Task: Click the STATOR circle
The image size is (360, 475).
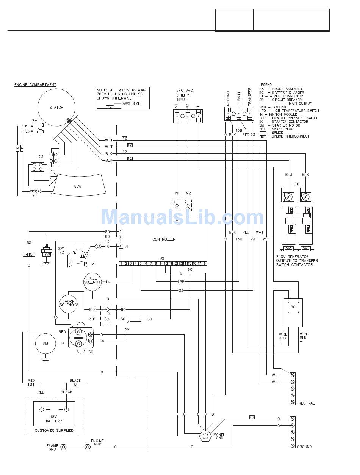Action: click(x=56, y=107)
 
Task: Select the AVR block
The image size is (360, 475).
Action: click(x=77, y=186)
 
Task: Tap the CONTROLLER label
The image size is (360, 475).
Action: click(x=164, y=239)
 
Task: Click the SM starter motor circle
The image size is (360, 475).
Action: click(x=45, y=344)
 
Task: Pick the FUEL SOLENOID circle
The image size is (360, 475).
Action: click(x=92, y=280)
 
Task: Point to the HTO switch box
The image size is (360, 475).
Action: click(x=29, y=255)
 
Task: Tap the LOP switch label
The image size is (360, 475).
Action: click(x=47, y=255)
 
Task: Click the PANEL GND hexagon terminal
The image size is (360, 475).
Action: click(x=205, y=436)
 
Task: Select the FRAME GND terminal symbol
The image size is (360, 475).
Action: click(x=63, y=447)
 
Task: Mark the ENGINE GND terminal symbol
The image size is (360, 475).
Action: click(x=88, y=447)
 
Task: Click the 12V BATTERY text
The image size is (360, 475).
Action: click(x=54, y=419)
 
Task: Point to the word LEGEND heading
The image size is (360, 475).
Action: click(x=265, y=84)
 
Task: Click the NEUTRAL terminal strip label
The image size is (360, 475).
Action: click(x=306, y=403)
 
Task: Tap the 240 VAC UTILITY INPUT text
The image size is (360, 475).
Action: click(x=184, y=95)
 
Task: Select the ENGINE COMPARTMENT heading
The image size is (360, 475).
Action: click(x=35, y=85)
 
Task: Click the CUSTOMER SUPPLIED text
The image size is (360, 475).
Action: click(x=54, y=430)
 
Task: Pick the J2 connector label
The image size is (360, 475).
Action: click(x=162, y=258)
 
